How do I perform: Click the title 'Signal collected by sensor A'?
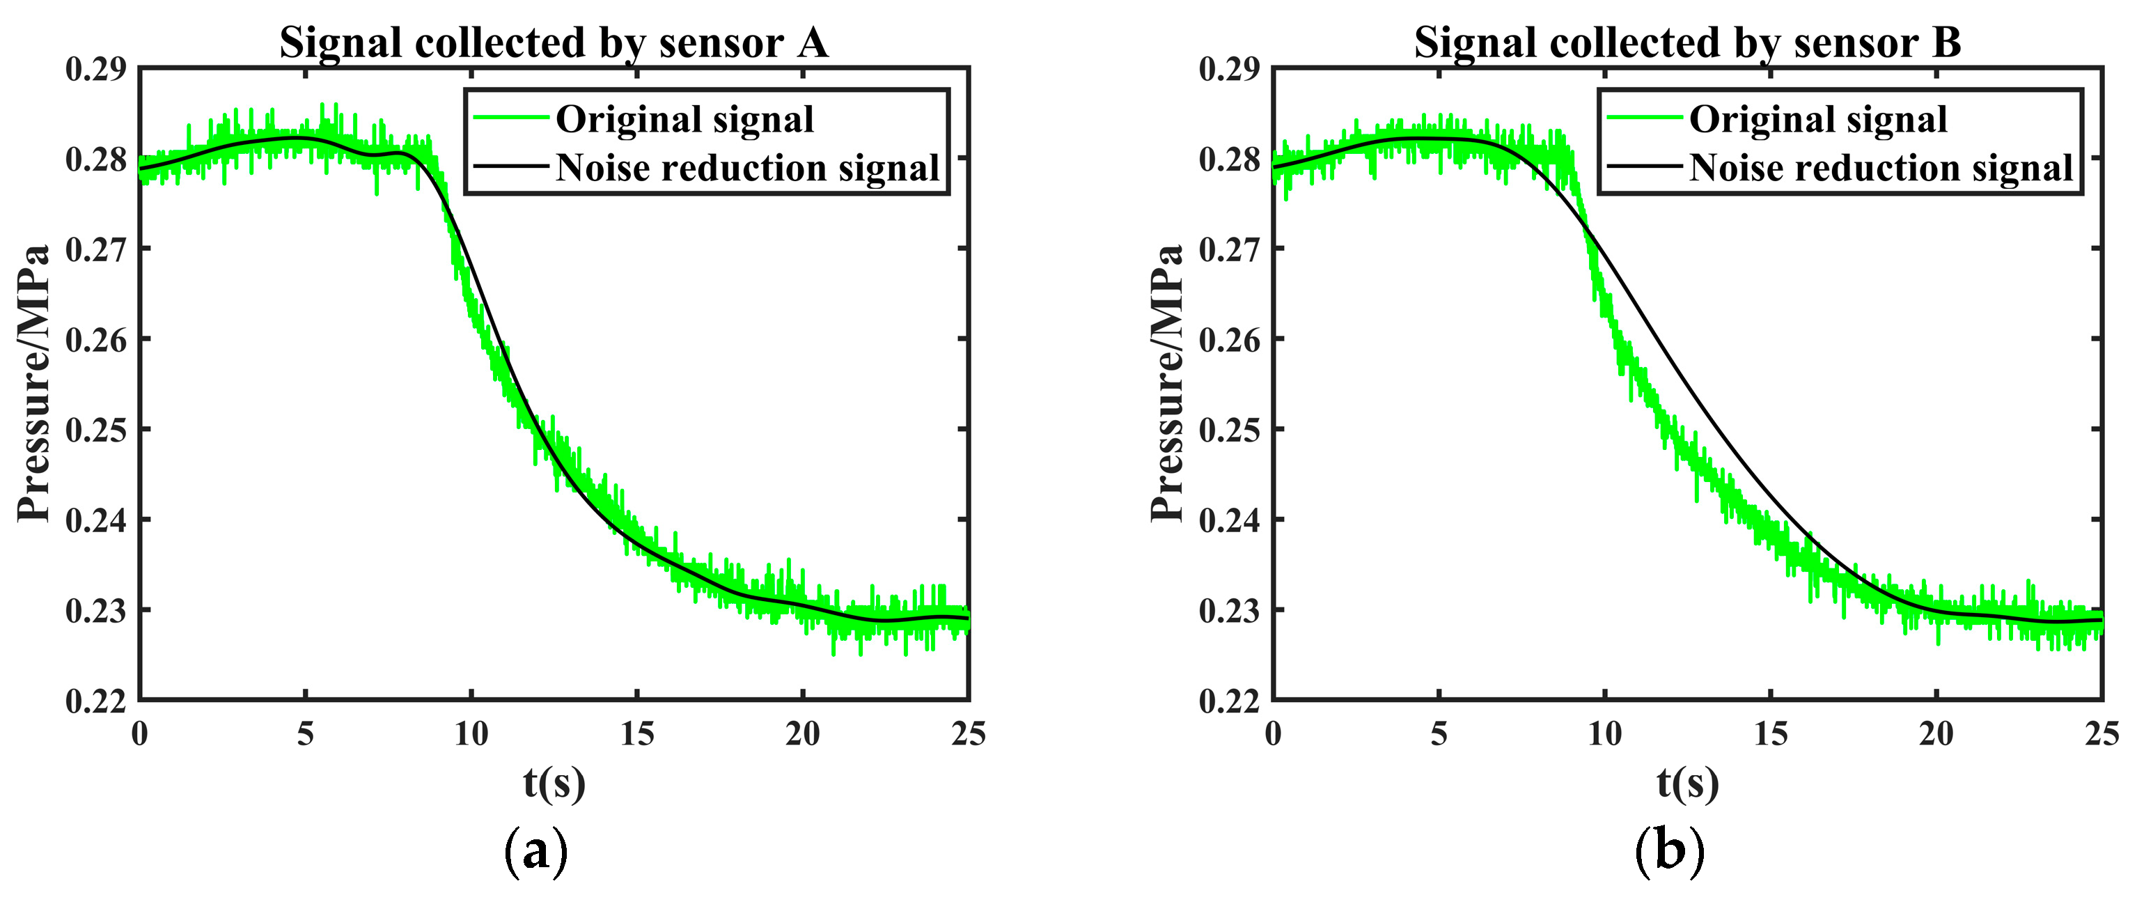554,43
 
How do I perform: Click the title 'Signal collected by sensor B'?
1687,43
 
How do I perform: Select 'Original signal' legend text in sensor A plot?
684,120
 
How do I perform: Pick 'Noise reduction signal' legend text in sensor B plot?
1881,169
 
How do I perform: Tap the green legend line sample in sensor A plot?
510,118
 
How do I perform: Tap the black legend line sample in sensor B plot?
1643,166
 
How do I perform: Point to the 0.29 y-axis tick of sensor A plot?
95,70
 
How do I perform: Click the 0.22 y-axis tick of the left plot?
95,702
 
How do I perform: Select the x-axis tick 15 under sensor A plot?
636,734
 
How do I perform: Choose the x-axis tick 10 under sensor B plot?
1604,734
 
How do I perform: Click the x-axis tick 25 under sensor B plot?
2101,734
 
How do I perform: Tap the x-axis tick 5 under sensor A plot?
305,734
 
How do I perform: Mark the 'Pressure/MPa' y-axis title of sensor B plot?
1167,383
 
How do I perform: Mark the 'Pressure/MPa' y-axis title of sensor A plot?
34,383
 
